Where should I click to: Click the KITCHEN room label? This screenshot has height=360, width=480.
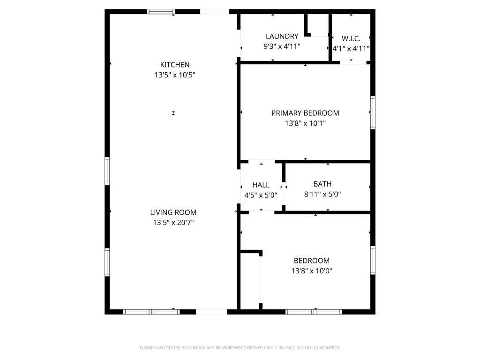(174, 65)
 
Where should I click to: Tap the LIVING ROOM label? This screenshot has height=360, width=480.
(173, 212)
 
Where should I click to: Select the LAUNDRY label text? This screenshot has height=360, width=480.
(282, 36)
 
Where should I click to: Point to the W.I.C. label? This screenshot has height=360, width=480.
(351, 38)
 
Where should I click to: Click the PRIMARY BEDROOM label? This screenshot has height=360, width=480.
(305, 113)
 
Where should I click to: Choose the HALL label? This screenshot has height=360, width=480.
(261, 185)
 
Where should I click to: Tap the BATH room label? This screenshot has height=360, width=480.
(322, 184)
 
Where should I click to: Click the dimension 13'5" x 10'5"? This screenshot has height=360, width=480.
(174, 75)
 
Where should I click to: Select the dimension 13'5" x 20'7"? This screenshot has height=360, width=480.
(173, 223)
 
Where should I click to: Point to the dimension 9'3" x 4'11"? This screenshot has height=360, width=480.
(282, 46)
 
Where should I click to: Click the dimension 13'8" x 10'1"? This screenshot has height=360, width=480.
(305, 123)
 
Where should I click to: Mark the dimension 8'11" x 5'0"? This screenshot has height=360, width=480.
(322, 195)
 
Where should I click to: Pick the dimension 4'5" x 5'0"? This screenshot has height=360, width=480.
(261, 195)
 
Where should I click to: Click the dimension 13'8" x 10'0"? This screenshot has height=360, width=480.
(311, 271)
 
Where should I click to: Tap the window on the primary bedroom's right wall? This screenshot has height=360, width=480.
(373, 112)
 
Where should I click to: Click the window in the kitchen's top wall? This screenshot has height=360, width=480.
(161, 11)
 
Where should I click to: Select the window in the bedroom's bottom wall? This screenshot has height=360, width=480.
(314, 311)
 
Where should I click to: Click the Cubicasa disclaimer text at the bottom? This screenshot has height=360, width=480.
(240, 348)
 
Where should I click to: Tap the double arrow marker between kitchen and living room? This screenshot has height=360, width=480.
(173, 113)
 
